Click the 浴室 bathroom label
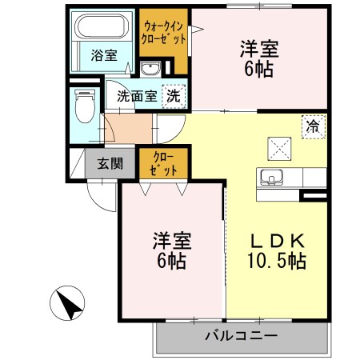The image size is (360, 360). (x=103, y=56)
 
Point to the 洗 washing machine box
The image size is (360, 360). (x=173, y=96)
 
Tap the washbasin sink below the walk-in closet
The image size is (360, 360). (x=150, y=68)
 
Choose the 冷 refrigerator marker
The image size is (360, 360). (x=313, y=125)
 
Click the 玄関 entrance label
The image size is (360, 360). (x=110, y=165)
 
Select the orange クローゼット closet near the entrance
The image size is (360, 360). (x=165, y=164)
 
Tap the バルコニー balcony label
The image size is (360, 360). (x=240, y=335)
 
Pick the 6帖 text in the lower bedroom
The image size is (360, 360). (x=171, y=261)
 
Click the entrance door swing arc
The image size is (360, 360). (x=100, y=195)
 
